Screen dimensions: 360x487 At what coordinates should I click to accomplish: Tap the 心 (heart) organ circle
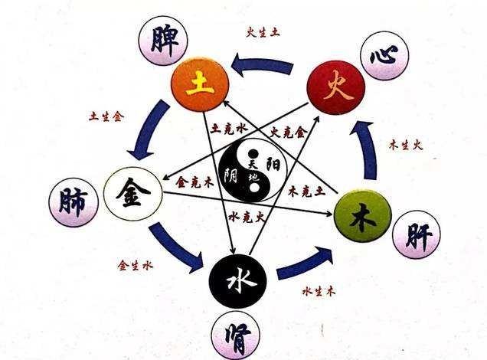point(384,55)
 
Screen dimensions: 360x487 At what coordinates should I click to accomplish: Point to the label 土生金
point(107,117)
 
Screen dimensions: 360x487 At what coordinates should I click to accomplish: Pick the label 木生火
point(407,145)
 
